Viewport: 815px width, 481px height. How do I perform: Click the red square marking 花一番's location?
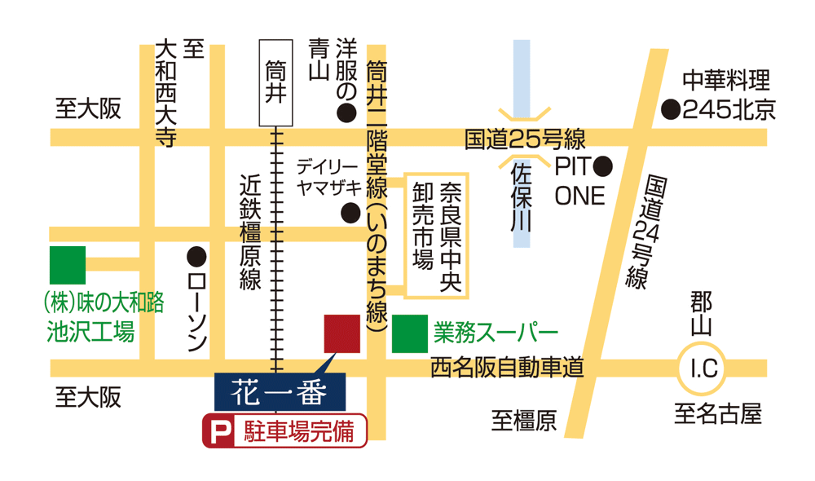click(342, 333)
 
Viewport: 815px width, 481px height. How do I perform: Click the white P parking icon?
click(218, 432)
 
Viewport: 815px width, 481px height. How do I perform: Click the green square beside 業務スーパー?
click(409, 333)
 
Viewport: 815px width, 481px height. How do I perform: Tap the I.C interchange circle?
click(703, 370)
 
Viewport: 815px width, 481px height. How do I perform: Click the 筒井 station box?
click(274, 82)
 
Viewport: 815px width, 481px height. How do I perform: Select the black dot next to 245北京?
click(671, 108)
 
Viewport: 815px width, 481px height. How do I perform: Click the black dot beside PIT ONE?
click(603, 167)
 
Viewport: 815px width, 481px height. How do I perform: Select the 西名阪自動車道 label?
click(507, 368)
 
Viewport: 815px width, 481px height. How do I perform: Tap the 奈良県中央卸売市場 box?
click(437, 236)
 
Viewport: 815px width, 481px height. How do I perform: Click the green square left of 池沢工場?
click(68, 265)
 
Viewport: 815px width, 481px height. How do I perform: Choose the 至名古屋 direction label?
click(717, 414)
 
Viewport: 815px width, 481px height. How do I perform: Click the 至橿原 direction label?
click(523, 421)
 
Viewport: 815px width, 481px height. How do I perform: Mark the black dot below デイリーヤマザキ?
click(350, 214)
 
